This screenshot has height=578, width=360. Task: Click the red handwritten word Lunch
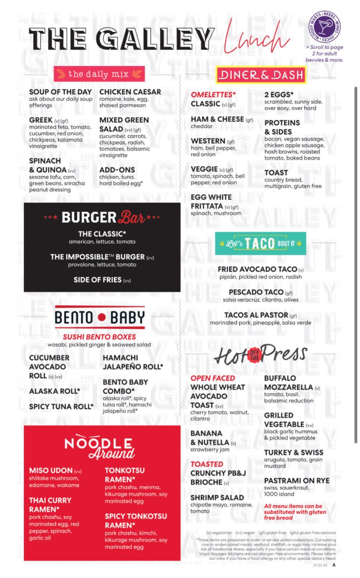click(255, 38)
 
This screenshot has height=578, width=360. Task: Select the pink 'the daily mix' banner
click(99, 74)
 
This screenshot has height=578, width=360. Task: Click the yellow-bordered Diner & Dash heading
click(261, 75)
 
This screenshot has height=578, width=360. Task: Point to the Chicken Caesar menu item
click(130, 92)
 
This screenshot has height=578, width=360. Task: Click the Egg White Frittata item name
click(211, 202)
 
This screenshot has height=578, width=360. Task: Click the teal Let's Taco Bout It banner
click(260, 243)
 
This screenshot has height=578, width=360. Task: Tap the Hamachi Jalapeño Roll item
click(133, 362)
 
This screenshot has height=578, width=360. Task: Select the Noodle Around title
click(99, 447)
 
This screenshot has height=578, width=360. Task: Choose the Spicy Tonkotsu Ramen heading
click(135, 520)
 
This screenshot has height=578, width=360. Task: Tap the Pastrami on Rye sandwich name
click(296, 481)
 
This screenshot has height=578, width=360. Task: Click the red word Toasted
click(206, 464)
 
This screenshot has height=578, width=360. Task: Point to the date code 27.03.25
click(320, 565)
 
